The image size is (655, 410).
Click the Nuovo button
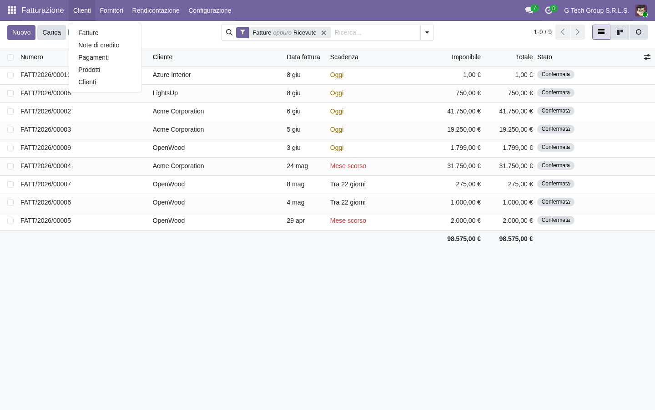(x=21, y=32)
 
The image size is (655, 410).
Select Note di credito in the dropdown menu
(x=99, y=45)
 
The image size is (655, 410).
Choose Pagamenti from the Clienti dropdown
(x=94, y=57)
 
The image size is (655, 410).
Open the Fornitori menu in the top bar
(x=111, y=10)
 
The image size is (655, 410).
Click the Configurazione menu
(x=210, y=10)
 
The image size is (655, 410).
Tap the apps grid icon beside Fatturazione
(x=12, y=10)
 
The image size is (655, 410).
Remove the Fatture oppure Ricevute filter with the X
(x=324, y=33)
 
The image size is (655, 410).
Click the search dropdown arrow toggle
(x=427, y=32)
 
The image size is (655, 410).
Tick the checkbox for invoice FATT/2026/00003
(x=10, y=130)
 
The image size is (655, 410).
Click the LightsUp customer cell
(x=165, y=93)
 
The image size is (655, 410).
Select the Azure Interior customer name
(x=171, y=75)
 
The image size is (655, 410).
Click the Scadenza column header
(x=344, y=57)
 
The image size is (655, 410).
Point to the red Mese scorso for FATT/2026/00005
(x=348, y=221)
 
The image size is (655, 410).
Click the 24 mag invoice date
(x=297, y=166)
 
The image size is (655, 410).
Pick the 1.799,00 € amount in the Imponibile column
(x=465, y=148)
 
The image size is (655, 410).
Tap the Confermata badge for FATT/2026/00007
(x=555, y=184)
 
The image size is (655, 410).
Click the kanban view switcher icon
(x=620, y=32)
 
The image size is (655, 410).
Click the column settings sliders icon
(x=647, y=57)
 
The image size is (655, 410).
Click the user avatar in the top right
(x=641, y=10)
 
